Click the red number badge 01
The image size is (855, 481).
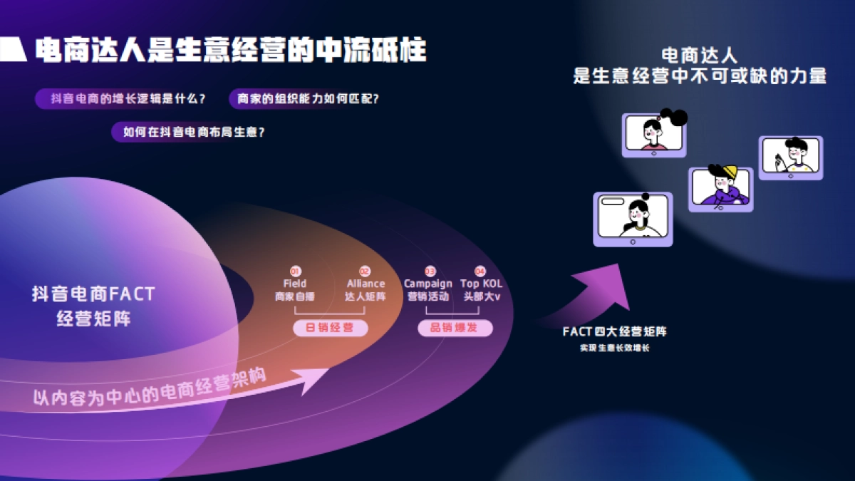[295, 271]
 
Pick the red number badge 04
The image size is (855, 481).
[480, 271]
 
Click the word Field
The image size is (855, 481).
[295, 284]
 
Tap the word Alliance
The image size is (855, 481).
[366, 284]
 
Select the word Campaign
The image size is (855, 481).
[428, 284]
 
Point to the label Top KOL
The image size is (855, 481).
[481, 284]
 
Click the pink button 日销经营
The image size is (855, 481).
[330, 328]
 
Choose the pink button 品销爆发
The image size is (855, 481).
[455, 328]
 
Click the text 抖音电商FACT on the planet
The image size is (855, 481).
[93, 294]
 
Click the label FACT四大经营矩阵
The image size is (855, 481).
[615, 331]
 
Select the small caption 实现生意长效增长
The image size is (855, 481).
[614, 348]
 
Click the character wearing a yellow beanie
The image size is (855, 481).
[721, 187]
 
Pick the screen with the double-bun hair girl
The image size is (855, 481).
[654, 133]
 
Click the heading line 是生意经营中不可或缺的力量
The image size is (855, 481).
[699, 76]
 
